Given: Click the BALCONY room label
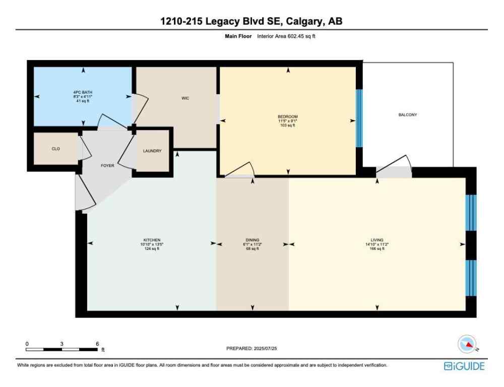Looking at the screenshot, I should pyautogui.click(x=408, y=115).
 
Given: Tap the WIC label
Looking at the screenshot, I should pyautogui.click(x=185, y=98).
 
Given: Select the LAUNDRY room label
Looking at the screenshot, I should pyautogui.click(x=152, y=151).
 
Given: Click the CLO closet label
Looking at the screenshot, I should pyautogui.click(x=56, y=149).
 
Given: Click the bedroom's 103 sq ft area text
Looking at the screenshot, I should pyautogui.click(x=288, y=125).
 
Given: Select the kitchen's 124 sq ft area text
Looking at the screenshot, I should pyautogui.click(x=152, y=249).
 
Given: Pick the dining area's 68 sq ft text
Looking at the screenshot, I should pyautogui.click(x=253, y=249).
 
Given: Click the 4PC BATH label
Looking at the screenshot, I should pyautogui.click(x=83, y=92).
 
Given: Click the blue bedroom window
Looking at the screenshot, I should pyautogui.click(x=359, y=118).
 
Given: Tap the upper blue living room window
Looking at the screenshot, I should pyautogui.click(x=470, y=212).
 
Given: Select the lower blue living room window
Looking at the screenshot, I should pyautogui.click(x=470, y=278).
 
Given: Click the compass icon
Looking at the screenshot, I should pyautogui.click(x=467, y=345).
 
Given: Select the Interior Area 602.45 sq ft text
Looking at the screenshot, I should pyautogui.click(x=286, y=36).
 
